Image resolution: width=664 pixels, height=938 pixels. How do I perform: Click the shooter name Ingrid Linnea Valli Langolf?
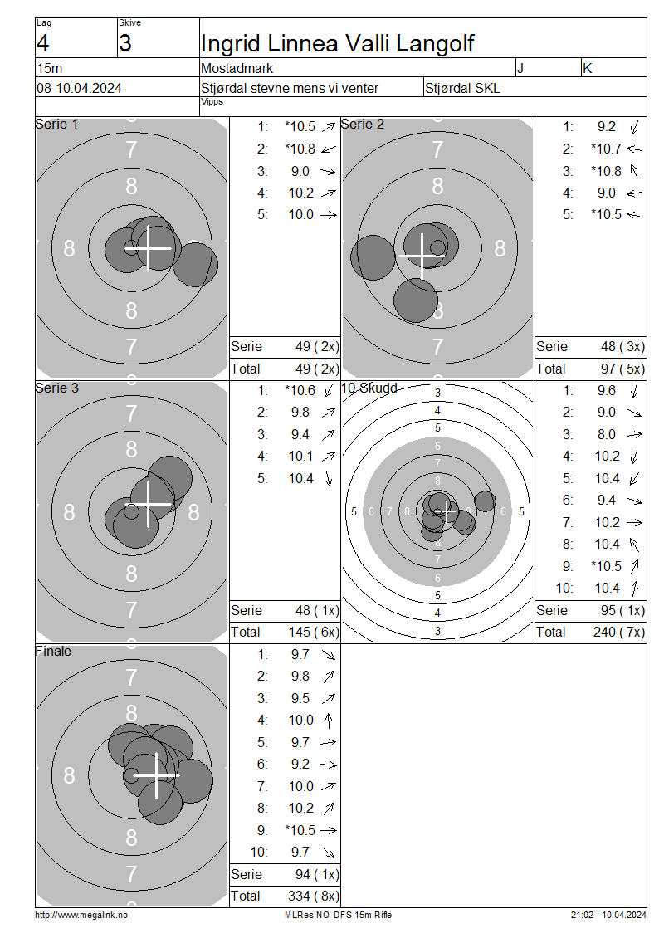[337, 43]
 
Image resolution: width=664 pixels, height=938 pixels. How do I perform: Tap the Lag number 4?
[42, 43]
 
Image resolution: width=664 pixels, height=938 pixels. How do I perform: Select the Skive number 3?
[125, 43]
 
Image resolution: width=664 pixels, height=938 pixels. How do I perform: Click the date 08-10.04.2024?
[79, 88]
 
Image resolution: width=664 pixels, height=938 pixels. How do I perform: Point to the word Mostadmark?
[237, 68]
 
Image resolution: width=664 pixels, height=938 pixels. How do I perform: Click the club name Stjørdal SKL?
[462, 88]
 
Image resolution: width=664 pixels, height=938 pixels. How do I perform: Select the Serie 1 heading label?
[56, 124]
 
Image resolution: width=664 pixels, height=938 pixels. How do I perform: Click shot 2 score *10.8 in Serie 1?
[300, 149]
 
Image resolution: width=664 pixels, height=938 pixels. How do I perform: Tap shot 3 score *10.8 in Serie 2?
[606, 170]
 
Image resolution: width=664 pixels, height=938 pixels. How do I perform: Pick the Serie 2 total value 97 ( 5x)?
[622, 369]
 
